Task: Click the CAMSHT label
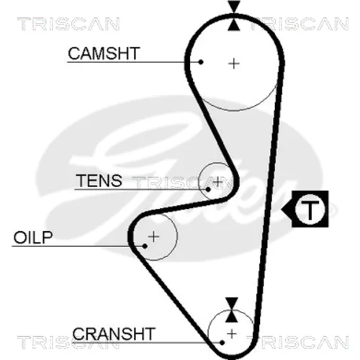coord(104,53)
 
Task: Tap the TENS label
coord(99,181)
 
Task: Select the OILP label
coord(33,238)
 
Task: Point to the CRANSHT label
coord(114,334)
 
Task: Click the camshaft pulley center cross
coord(234,63)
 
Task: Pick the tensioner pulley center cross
coord(217,181)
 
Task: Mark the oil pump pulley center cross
coord(153,237)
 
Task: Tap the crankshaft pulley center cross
coord(232,334)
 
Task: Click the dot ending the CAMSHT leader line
coord(201,62)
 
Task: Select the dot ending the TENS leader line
coord(208,189)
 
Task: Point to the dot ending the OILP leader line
coord(145,246)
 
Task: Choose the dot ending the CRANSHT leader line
coord(222,343)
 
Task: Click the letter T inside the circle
coord(310,210)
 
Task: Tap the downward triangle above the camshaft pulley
coord(234,6)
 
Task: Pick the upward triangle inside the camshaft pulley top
coord(234,25)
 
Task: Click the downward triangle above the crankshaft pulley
coord(232,303)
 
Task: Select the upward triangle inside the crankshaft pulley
coord(232,316)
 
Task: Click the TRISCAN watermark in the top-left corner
coord(68,24)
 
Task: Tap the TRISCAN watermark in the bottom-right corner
coord(297,342)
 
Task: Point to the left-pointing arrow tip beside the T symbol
coord(282,210)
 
